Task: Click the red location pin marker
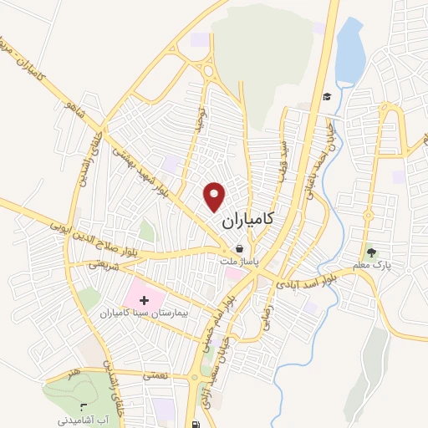[x=216, y=196]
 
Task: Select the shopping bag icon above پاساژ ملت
[x=240, y=249]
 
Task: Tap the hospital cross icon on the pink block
[x=141, y=298]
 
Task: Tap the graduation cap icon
[x=329, y=96]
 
